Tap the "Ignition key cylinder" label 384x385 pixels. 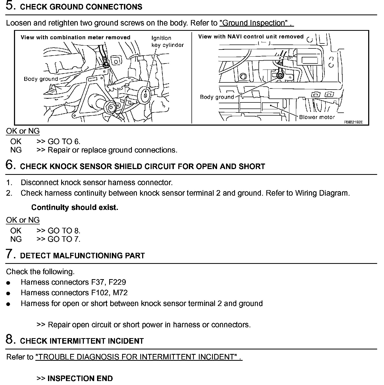tap(167, 42)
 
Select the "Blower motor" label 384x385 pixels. tap(317, 117)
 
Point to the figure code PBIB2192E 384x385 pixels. tap(353, 122)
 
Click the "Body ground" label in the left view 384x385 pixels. tap(41, 79)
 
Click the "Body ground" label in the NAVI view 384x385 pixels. tap(217, 97)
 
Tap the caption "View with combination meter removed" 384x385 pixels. tap(75, 37)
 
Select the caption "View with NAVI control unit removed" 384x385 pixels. tap(251, 37)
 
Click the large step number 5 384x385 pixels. tap(10, 6)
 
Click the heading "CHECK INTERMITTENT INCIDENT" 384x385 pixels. tap(82, 341)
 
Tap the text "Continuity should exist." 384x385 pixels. tap(75, 208)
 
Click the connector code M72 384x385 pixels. tap(120, 293)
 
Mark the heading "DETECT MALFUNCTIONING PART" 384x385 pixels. tap(82, 256)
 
